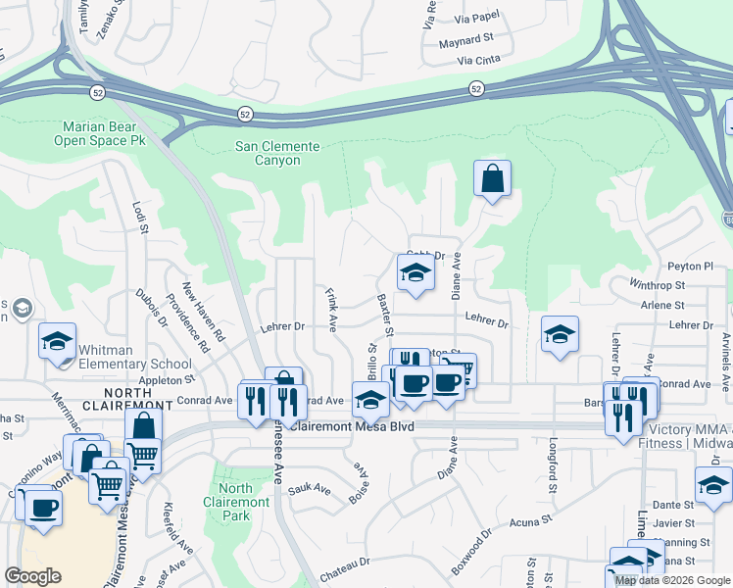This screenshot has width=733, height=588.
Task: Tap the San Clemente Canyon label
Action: [277, 155]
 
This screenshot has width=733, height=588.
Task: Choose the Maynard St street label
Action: [465, 40]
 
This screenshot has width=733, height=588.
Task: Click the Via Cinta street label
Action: [478, 60]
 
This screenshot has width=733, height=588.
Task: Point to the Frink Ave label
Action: [332, 308]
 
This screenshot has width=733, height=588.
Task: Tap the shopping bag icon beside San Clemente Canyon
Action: [492, 179]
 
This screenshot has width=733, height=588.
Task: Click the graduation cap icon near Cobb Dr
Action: [415, 275]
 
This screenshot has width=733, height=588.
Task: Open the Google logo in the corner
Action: [33, 576]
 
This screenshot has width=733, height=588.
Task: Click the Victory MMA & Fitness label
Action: [691, 435]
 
